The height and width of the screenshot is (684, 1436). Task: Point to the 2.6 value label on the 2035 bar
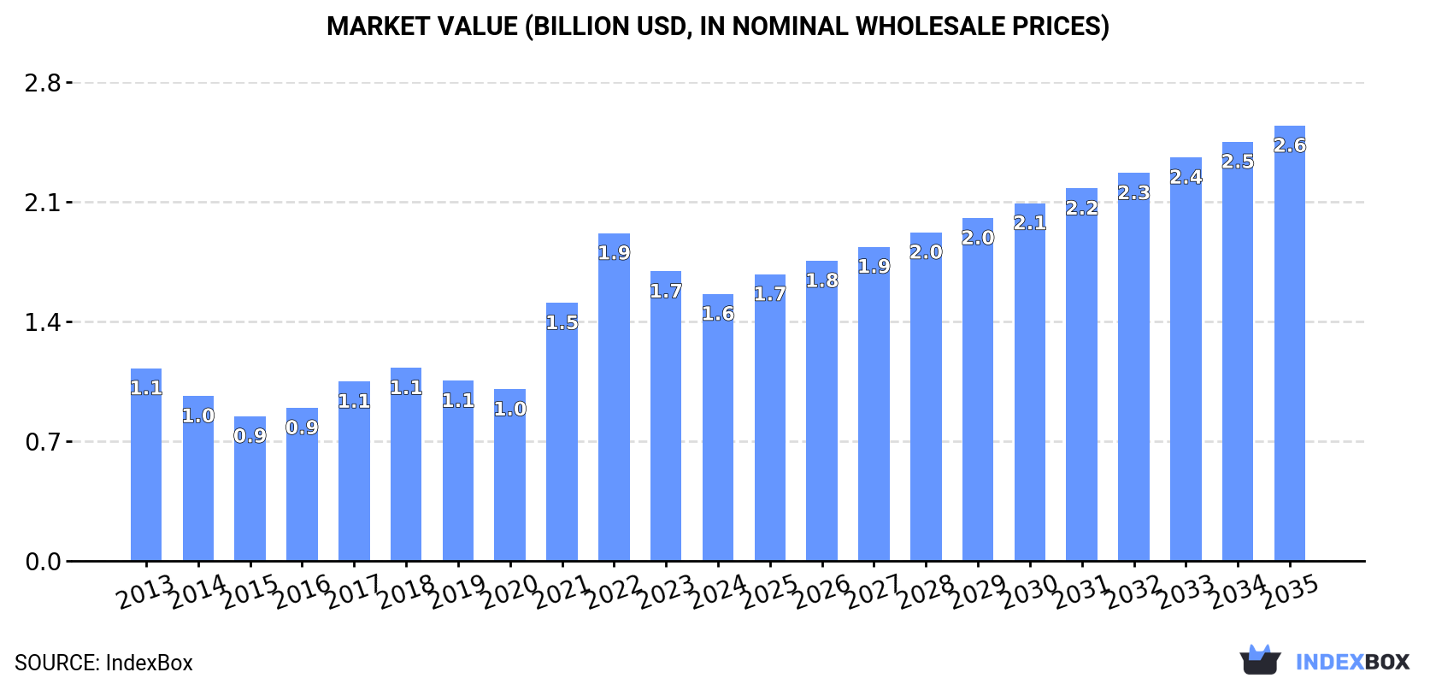click(x=1289, y=145)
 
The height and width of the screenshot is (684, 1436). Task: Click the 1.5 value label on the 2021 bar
click(x=562, y=323)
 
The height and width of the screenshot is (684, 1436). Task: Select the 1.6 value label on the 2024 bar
click(x=718, y=314)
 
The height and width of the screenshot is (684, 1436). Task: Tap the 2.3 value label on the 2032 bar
click(x=1133, y=193)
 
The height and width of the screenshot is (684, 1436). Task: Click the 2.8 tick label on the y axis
click(x=43, y=83)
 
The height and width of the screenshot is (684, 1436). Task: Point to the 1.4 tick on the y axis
click(x=43, y=322)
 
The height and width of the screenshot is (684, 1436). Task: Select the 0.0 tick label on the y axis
click(x=43, y=562)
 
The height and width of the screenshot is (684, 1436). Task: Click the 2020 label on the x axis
click(x=509, y=592)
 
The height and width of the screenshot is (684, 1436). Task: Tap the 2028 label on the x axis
click(x=926, y=592)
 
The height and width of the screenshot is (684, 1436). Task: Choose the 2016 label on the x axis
click(x=302, y=592)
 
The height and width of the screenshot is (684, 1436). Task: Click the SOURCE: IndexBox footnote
click(x=103, y=663)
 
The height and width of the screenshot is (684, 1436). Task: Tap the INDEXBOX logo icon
click(x=1260, y=660)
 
